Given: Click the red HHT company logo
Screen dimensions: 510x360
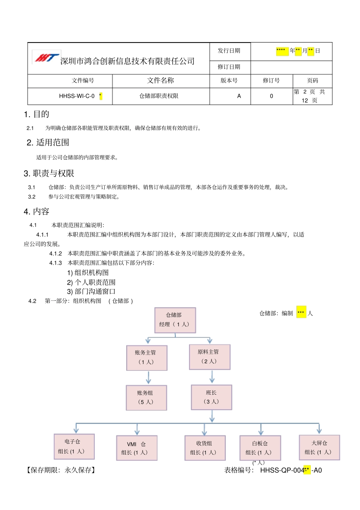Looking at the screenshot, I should coord(47,58).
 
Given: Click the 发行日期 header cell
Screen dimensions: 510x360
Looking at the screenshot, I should coord(229,51).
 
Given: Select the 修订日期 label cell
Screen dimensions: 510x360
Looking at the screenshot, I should coord(229,67).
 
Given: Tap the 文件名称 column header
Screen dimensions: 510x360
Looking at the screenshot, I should coord(160,80).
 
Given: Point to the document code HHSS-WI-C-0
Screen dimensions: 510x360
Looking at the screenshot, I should coord(77,96).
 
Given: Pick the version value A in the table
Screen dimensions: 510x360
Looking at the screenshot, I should coord(239,96).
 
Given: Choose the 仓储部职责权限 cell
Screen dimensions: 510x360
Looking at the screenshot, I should coord(159,96).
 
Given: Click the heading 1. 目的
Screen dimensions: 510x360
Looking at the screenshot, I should coord(36,114).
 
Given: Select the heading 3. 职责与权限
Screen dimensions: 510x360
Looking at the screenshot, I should coord(49,173).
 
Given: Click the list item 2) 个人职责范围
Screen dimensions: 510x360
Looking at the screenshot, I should coord(91,282).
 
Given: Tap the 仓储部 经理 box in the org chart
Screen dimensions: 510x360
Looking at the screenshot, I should coord(175,320).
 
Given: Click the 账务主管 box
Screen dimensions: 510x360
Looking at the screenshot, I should coord(147,357).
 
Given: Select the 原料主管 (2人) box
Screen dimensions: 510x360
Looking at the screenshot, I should coord(210,356).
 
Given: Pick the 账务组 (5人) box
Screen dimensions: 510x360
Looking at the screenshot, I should coord(146,397).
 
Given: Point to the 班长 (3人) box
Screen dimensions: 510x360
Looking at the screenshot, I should coord(211,397).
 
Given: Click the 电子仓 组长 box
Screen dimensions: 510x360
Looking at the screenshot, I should coord(74,446).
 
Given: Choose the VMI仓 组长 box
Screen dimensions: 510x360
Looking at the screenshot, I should coord(136,448).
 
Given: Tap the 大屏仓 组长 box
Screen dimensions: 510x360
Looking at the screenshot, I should coord(319,447).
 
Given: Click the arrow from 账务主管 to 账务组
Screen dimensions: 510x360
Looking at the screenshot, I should coord(148,377).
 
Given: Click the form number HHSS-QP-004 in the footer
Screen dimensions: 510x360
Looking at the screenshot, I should coord(282,470).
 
